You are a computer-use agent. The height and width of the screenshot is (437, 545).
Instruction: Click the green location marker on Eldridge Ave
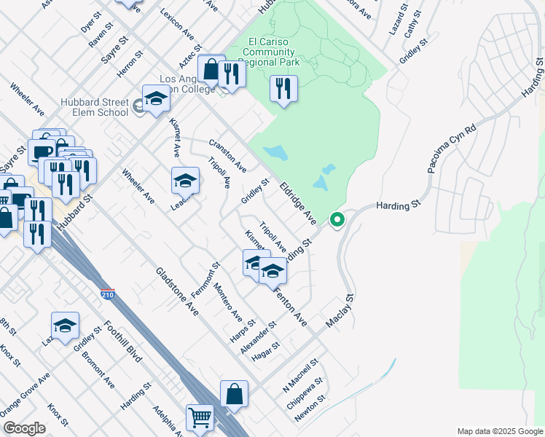(x=337, y=219)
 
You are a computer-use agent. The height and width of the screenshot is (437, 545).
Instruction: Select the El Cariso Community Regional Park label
(x=261, y=52)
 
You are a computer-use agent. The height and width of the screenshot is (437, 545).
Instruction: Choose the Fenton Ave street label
(x=290, y=305)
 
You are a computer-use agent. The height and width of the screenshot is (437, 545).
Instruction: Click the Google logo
(x=24, y=428)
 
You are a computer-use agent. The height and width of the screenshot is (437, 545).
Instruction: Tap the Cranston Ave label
(x=227, y=156)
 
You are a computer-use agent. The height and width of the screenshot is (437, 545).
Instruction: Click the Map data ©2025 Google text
(x=500, y=431)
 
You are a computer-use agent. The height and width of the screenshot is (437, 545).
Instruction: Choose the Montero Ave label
(x=227, y=303)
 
